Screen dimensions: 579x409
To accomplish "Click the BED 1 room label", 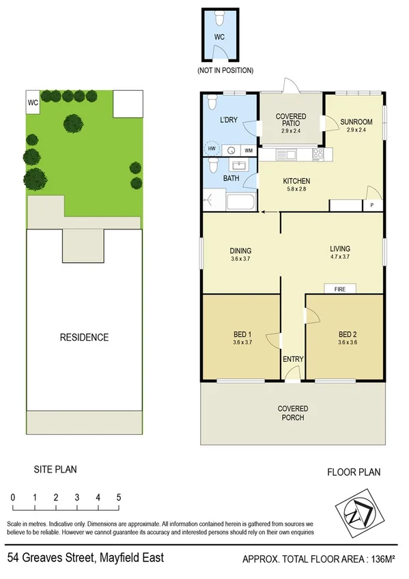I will tap(240, 334).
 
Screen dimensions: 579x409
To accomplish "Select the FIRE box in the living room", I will tap(340, 289).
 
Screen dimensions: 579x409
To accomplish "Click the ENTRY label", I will tap(293, 359).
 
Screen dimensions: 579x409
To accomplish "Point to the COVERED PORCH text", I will tap(292, 413).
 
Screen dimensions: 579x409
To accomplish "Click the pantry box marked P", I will tap(373, 205).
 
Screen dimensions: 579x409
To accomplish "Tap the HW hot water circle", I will tap(212, 150).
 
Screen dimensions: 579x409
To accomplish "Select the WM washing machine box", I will tap(249, 150).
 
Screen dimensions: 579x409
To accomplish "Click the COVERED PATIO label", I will tap(291, 121).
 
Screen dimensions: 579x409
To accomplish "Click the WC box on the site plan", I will tap(33, 103).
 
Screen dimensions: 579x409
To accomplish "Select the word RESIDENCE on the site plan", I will tap(84, 337).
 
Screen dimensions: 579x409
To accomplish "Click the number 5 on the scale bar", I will tap(119, 497).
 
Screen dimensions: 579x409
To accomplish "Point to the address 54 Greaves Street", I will tap(85, 558).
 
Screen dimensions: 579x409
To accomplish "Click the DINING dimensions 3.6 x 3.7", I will tap(240, 259).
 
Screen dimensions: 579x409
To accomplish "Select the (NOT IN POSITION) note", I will tap(225, 70).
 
